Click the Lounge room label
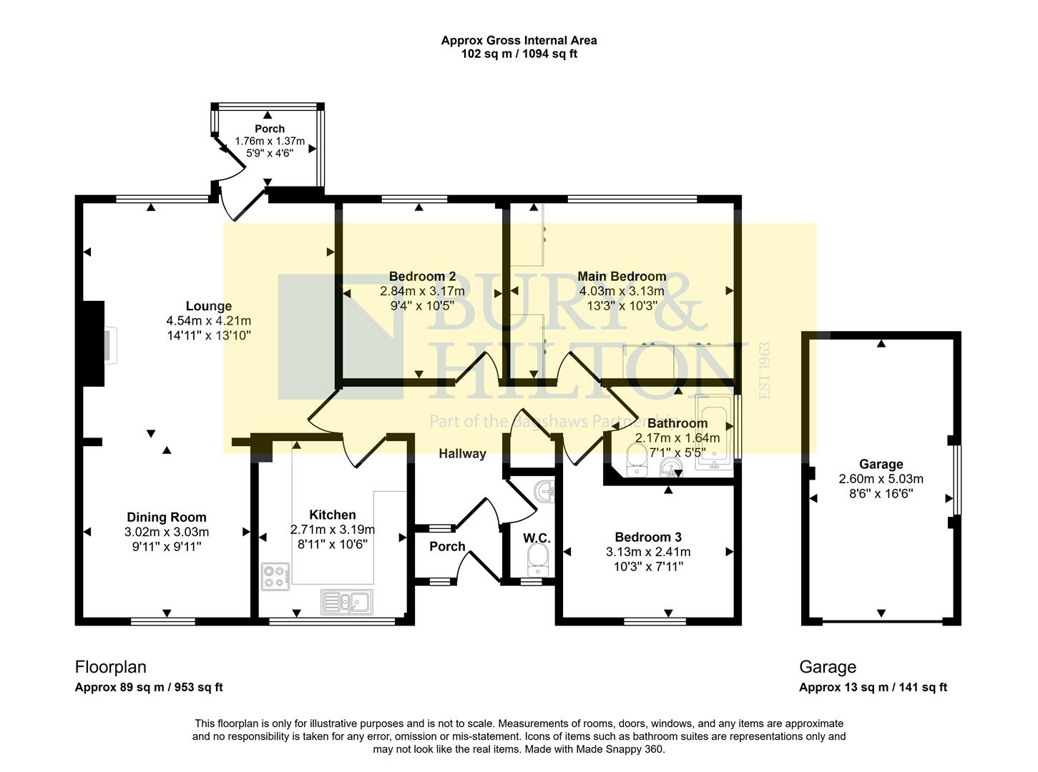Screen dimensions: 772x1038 tap(208, 306)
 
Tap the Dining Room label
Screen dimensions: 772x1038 tap(166, 517)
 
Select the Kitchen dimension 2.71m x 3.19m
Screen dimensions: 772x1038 tap(333, 530)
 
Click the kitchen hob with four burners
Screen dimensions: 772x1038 tap(275, 576)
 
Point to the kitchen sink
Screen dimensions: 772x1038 tap(346, 602)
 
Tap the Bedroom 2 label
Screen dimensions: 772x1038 tap(422, 276)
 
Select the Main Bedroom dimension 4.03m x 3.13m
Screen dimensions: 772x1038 tap(622, 291)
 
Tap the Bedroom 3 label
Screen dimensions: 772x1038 tap(648, 537)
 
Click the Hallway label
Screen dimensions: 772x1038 tap(462, 453)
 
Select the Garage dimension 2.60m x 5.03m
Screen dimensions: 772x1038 tap(881, 479)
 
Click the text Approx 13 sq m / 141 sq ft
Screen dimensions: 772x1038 tap(873, 687)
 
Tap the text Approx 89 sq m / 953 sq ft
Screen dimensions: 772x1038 tap(149, 687)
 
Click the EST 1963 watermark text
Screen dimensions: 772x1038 tap(764, 370)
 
